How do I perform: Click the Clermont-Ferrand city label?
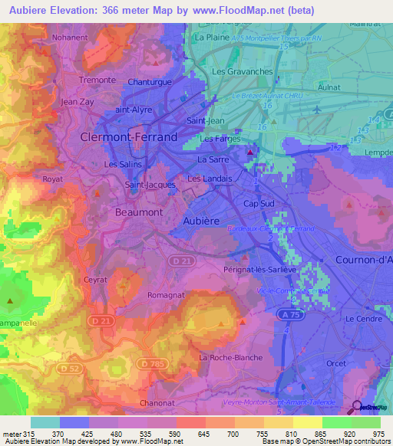tap(128, 137)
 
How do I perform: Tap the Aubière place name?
tap(202, 221)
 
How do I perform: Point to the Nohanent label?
tap(71, 36)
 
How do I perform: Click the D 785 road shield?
tap(154, 363)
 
